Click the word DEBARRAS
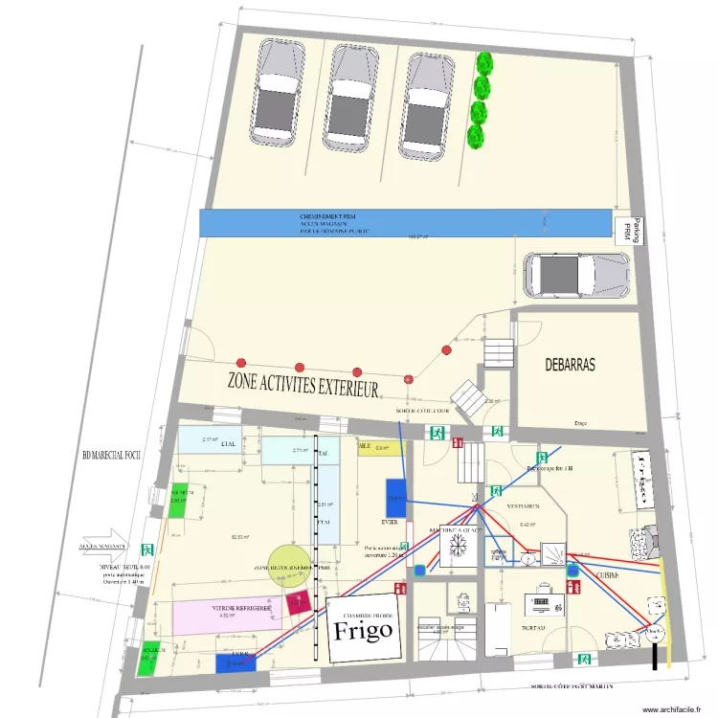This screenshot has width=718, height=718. pyautogui.click(x=570, y=365)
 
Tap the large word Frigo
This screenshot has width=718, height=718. pyautogui.click(x=363, y=630)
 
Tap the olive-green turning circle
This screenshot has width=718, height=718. pyautogui.click(x=289, y=566)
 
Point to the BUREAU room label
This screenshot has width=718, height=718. pyautogui.click(x=535, y=627)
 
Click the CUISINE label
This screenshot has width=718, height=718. pyautogui.click(x=607, y=574)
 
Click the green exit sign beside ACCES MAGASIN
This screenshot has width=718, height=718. pyautogui.click(x=148, y=550)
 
